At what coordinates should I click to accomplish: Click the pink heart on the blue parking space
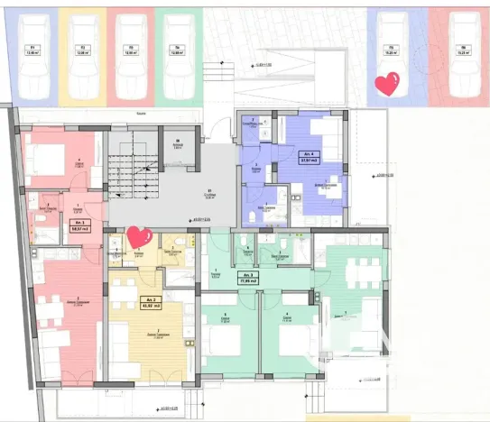point(387,86)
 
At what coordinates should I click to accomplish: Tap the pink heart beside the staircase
point(138,237)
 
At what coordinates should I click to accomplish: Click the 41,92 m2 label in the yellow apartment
point(125,302)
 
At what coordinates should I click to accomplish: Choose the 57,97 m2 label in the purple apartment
point(309,158)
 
